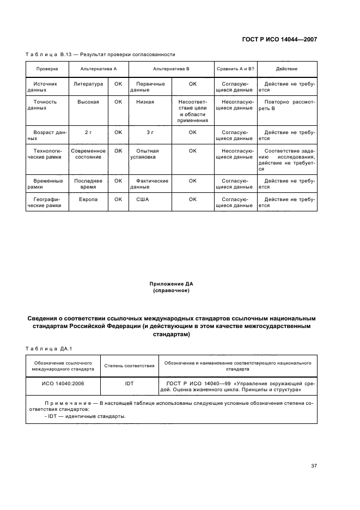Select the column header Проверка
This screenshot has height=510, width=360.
pyautogui.click(x=47, y=69)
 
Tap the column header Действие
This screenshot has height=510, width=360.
pyautogui.click(x=286, y=69)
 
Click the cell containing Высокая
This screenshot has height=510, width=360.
pyautogui.click(x=88, y=102)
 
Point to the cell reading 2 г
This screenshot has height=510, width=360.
pyautogui.click(x=88, y=132)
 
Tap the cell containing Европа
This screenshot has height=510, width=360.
pyautogui.click(x=88, y=200)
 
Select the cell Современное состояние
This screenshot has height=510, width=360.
pyautogui.click(x=88, y=153)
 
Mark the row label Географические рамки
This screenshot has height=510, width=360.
pyautogui.click(x=47, y=203)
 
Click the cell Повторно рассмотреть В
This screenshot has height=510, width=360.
pyautogui.click(x=286, y=105)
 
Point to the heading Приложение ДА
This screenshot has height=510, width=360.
pyautogui.click(x=172, y=284)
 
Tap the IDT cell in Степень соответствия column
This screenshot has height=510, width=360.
pyautogui.click(x=129, y=383)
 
